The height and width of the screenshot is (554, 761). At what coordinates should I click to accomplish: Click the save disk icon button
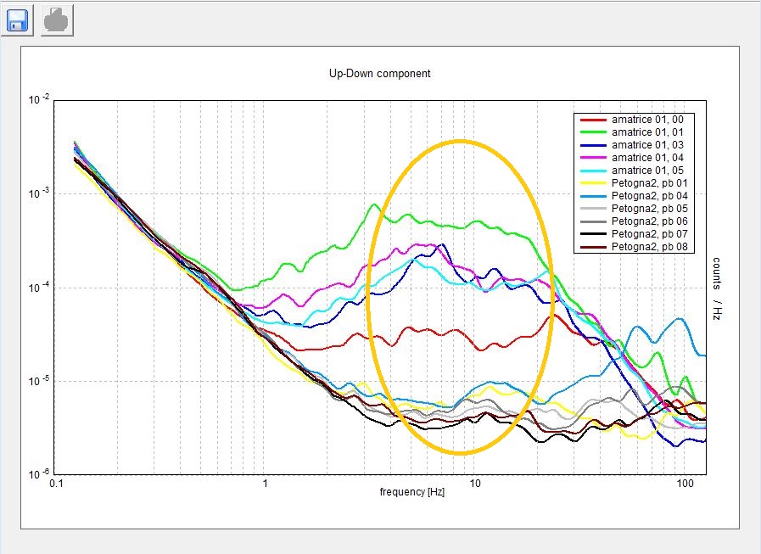click(x=18, y=20)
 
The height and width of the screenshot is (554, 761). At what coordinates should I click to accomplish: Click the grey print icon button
click(x=58, y=20)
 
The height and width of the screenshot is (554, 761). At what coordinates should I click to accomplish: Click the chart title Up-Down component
click(x=379, y=73)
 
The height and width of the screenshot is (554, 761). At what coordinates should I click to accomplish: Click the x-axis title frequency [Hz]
click(x=412, y=492)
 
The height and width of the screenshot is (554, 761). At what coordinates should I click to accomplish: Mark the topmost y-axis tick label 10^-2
click(x=39, y=100)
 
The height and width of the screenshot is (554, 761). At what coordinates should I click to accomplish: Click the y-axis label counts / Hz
click(x=716, y=288)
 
